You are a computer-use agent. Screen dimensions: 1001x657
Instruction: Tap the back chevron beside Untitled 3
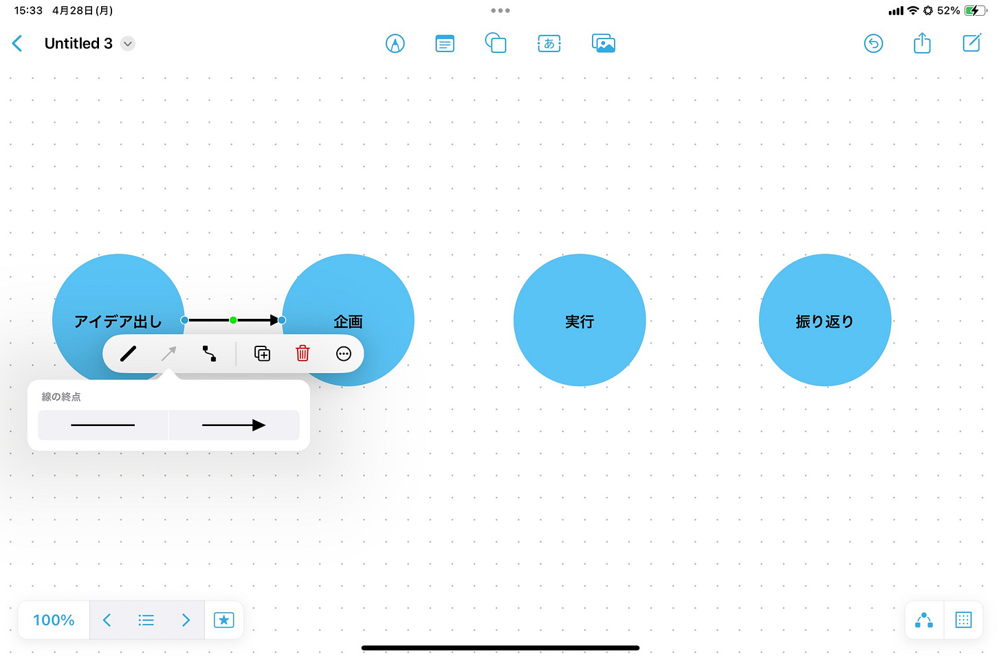pyautogui.click(x=18, y=44)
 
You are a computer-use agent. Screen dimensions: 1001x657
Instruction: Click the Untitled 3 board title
pyautogui.click(x=78, y=44)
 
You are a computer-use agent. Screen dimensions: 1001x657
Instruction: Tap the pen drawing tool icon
pyautogui.click(x=395, y=44)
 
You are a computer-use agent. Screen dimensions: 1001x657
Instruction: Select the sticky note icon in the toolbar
pyautogui.click(x=445, y=44)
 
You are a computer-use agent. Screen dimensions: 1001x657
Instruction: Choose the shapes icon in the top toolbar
pyautogui.click(x=496, y=43)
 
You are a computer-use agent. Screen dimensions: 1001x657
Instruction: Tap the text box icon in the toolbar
pyautogui.click(x=549, y=44)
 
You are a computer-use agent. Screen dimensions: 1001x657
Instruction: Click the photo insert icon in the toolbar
pyautogui.click(x=604, y=44)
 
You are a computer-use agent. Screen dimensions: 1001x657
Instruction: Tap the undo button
pyautogui.click(x=873, y=44)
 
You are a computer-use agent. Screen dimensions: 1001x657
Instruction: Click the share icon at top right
pyautogui.click(x=922, y=43)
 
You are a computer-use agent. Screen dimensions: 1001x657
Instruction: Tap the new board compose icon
pyautogui.click(x=971, y=43)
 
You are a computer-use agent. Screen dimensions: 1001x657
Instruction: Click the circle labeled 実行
pyautogui.click(x=580, y=320)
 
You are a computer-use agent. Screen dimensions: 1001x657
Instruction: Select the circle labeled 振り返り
pyautogui.click(x=825, y=320)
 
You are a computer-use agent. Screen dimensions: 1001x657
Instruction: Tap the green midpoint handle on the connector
pyautogui.click(x=234, y=320)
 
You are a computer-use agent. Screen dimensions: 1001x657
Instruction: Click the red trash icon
pyautogui.click(x=302, y=353)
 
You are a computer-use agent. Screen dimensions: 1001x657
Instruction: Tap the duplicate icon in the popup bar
pyautogui.click(x=262, y=353)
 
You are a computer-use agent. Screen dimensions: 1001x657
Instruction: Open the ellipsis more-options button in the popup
pyautogui.click(x=344, y=353)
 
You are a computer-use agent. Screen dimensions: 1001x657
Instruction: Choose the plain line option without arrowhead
pyautogui.click(x=103, y=425)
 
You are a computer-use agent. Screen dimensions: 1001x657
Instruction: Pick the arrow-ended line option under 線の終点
pyautogui.click(x=234, y=425)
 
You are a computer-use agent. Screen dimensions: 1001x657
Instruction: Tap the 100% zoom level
pyautogui.click(x=54, y=620)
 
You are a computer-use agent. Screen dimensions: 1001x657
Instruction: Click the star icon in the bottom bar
pyautogui.click(x=224, y=620)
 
